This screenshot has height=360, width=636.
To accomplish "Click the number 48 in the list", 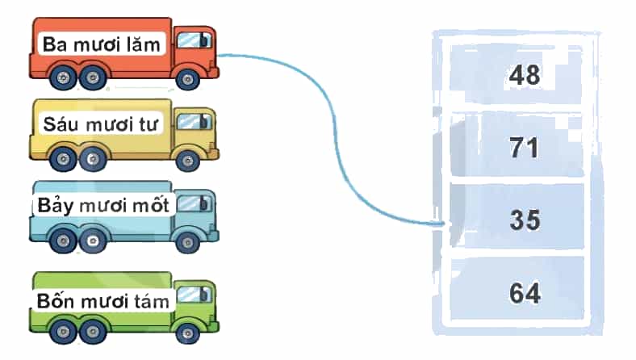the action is click(x=525, y=75).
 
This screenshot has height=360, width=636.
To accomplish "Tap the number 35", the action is click(x=525, y=220).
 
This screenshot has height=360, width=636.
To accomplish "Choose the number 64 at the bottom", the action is click(x=525, y=293).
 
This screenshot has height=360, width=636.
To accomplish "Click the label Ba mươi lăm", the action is click(x=102, y=44).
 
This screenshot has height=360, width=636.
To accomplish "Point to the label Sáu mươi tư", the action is click(x=101, y=124).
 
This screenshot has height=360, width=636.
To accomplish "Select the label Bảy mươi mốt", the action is click(x=103, y=205).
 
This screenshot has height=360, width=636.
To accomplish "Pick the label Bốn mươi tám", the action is click(x=103, y=301).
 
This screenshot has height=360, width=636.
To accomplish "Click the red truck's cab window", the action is click(x=194, y=40).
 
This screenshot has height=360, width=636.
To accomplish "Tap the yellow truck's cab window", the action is click(x=194, y=122).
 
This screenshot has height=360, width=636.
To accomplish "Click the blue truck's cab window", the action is click(x=194, y=203).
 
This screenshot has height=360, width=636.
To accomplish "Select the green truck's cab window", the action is click(x=194, y=295).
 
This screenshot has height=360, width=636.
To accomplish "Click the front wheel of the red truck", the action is click(x=187, y=79).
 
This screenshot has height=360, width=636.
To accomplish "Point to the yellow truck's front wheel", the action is click(x=187, y=161).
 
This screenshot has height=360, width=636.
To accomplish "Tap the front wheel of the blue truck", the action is click(x=187, y=242).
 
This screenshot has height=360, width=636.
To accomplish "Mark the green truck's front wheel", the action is click(x=187, y=333).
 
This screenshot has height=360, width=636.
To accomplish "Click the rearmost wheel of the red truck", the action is click(x=63, y=77).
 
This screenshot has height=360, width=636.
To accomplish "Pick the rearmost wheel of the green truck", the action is click(x=63, y=332).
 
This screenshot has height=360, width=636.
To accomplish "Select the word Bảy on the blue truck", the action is click(x=55, y=205).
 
